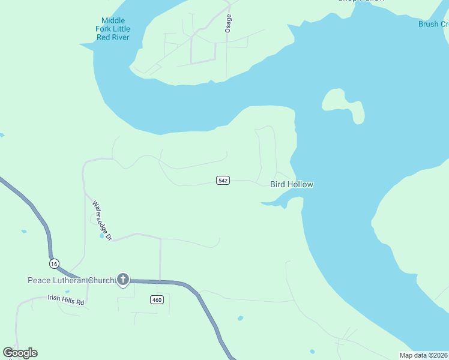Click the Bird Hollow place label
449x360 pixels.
coord(292,185)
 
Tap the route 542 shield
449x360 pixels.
coord(223,181)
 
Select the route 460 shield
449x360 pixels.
coord(157,300)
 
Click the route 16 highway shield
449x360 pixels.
coord(54,263)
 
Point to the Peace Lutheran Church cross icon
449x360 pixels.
coord(123,279)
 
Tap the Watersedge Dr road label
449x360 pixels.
coord(101,220)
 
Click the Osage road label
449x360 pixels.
coord(228,23)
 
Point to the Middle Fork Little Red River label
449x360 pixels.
coord(113,29)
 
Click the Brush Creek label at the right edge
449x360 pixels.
coord(433,24)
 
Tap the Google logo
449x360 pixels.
coord(20,353)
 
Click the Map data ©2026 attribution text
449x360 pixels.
coord(424,355)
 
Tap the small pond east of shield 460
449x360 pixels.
coord(240,318)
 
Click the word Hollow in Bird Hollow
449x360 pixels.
coord(300,185)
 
